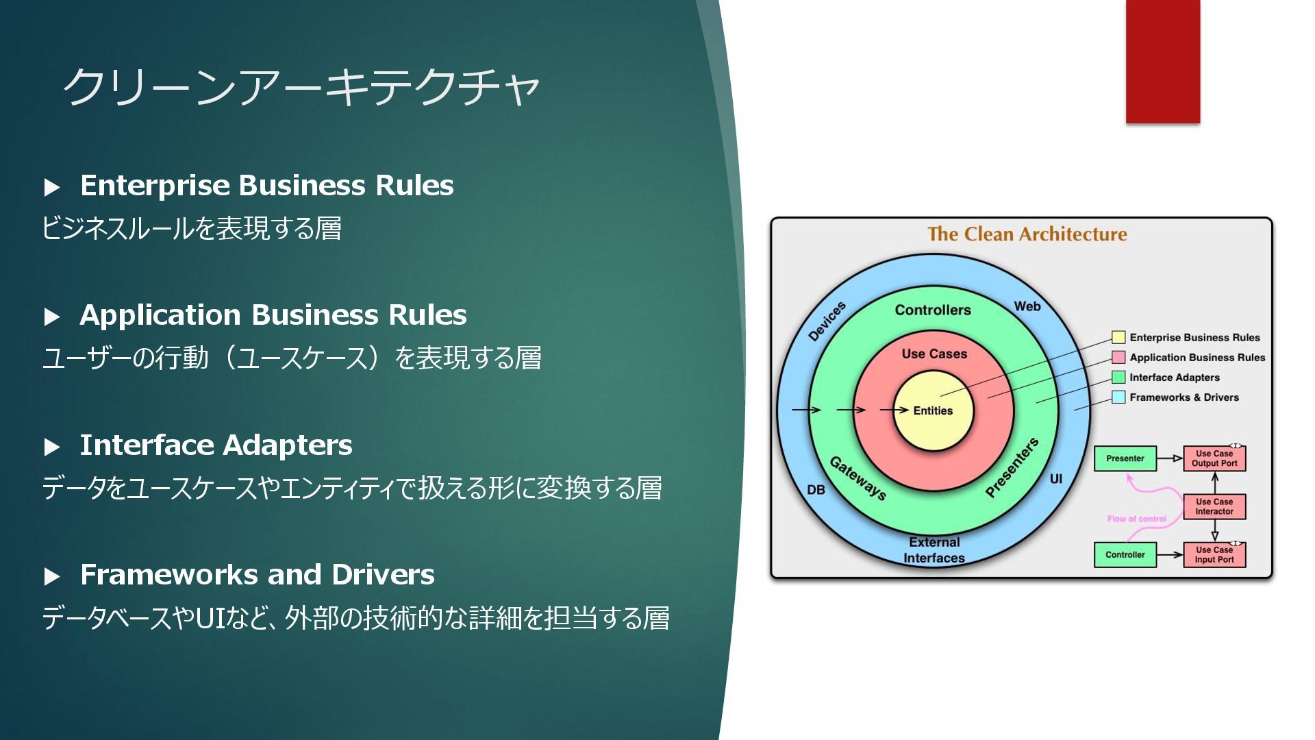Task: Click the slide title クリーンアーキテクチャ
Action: (x=301, y=88)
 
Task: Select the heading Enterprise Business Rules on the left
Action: (x=266, y=186)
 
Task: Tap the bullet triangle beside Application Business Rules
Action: (x=52, y=317)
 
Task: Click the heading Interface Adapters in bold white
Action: (x=216, y=445)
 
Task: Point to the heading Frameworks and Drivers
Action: (x=257, y=575)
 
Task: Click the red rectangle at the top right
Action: (x=1162, y=62)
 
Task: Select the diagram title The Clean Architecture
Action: (x=1027, y=234)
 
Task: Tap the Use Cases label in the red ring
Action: (x=934, y=354)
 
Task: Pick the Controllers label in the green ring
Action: (x=933, y=310)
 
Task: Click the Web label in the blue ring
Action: (x=1027, y=306)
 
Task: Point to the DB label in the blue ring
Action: (x=816, y=490)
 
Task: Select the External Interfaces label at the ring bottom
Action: (x=934, y=550)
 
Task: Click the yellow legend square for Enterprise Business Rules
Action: (x=1118, y=337)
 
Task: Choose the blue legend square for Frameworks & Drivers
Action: (x=1118, y=397)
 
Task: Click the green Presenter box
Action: (x=1125, y=458)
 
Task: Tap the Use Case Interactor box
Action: (x=1214, y=507)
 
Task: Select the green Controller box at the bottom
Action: (x=1125, y=555)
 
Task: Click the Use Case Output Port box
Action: (x=1214, y=458)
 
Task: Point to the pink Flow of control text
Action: (x=1136, y=519)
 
